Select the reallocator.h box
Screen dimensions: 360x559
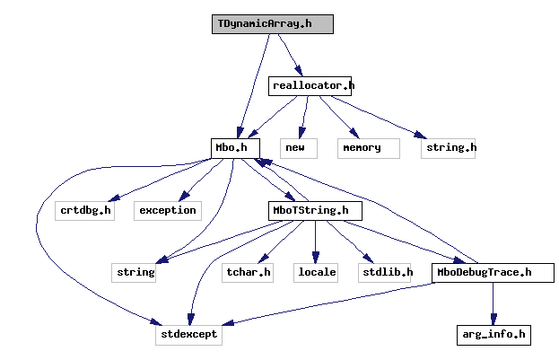(x=310, y=86)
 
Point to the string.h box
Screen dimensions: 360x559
(x=448, y=148)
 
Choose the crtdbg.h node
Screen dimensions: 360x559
(x=84, y=210)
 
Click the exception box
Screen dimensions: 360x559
(x=167, y=210)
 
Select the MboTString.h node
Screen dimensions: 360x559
(x=315, y=210)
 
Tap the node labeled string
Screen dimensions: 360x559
(x=135, y=272)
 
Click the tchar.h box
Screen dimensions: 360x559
(x=248, y=272)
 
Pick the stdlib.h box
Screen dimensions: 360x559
(x=387, y=272)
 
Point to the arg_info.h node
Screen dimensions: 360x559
(x=492, y=335)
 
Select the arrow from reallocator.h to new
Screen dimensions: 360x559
(x=303, y=117)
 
